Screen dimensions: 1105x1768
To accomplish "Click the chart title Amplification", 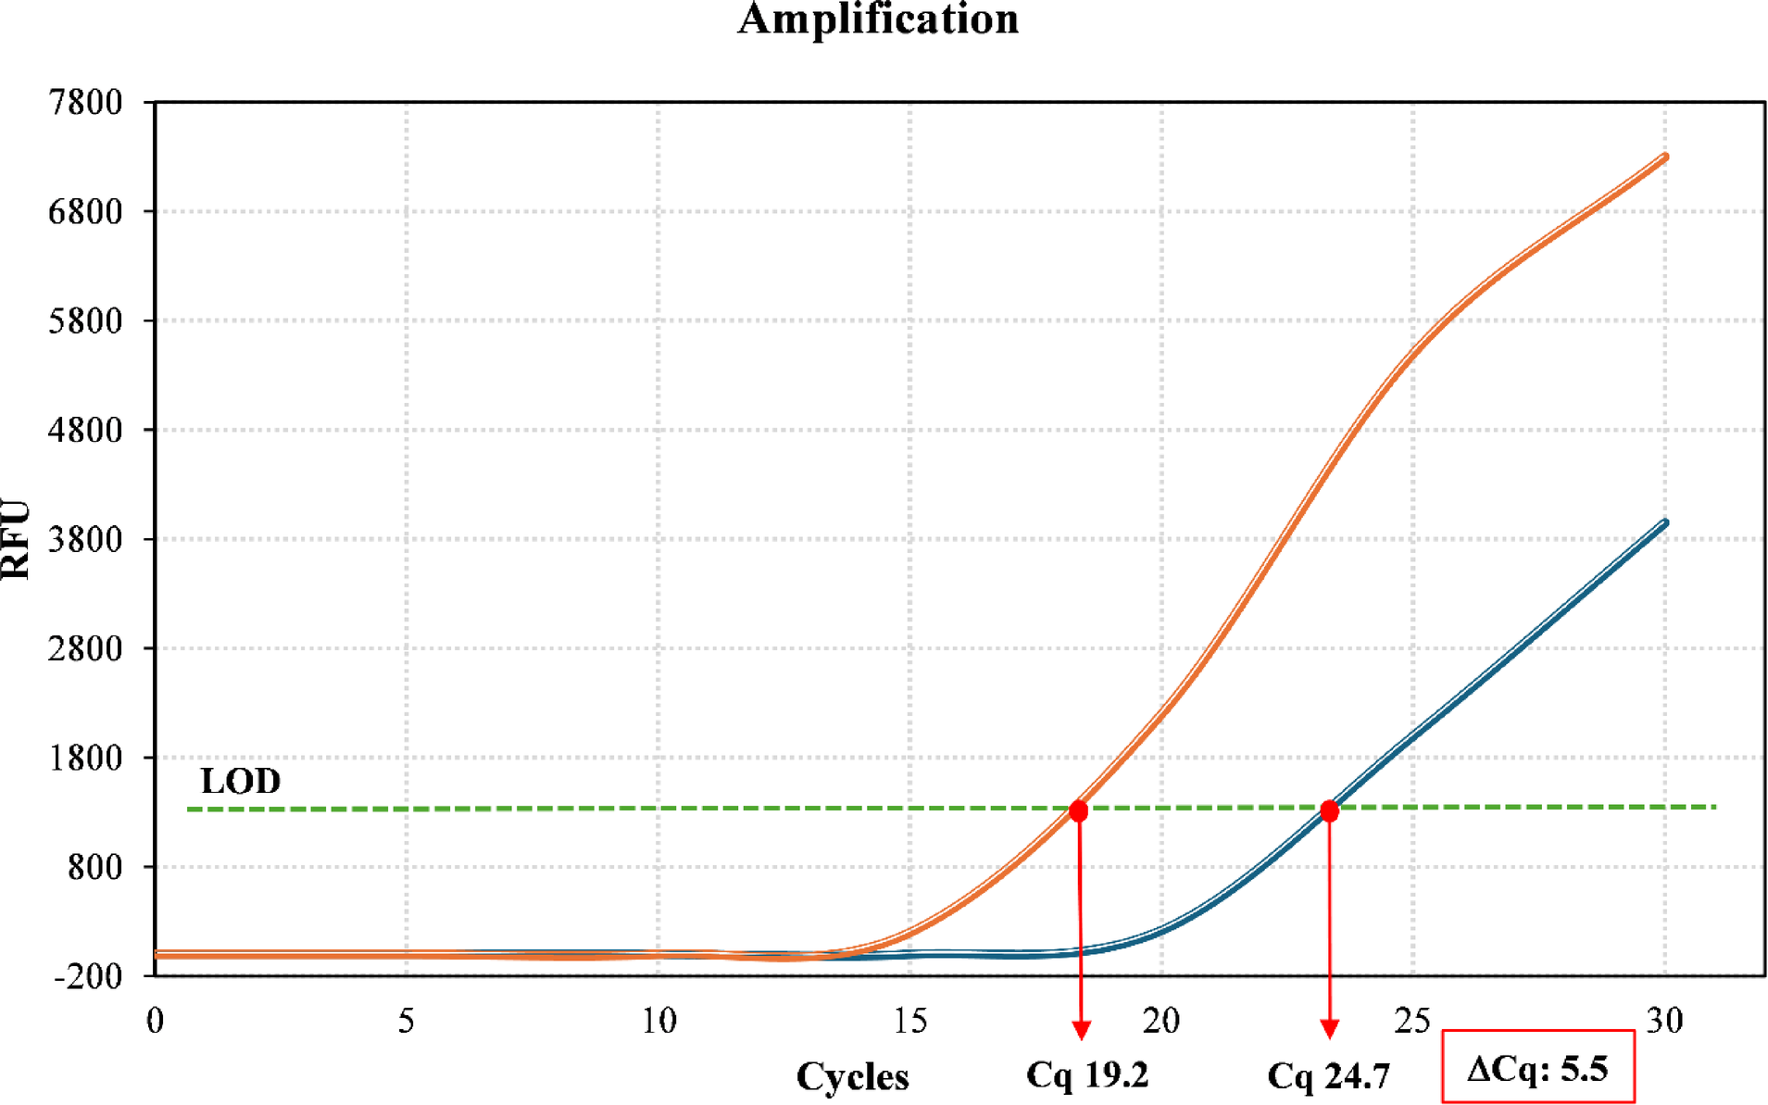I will (878, 19).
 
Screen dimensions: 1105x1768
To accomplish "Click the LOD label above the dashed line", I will (241, 781).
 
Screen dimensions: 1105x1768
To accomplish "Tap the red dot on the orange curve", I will (1078, 810).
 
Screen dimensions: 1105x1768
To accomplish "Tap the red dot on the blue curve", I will (1329, 811).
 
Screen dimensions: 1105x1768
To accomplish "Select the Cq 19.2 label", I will (1087, 1075).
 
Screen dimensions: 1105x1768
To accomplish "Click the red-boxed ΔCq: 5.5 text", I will (1537, 1069).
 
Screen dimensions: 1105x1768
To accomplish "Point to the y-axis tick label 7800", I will (85, 102).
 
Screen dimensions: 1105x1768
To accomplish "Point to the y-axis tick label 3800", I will (85, 539).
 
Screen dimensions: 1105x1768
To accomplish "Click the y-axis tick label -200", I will (88, 976).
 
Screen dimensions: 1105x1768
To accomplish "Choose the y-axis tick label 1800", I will (85, 758).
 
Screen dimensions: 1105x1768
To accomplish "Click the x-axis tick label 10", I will (658, 1021).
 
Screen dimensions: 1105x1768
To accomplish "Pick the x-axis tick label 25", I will (1412, 1021).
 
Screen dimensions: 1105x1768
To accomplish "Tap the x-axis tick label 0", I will (155, 1021).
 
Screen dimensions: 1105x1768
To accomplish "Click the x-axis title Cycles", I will (852, 1076).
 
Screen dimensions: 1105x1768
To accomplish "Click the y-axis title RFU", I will (17, 539).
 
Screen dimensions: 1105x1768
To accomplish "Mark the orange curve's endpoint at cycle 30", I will (1665, 157).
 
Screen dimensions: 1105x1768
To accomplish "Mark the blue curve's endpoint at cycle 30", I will (1665, 523).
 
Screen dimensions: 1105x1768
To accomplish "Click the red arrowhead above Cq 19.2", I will (1081, 1030).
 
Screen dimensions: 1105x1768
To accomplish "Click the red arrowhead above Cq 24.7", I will (1330, 1029).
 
